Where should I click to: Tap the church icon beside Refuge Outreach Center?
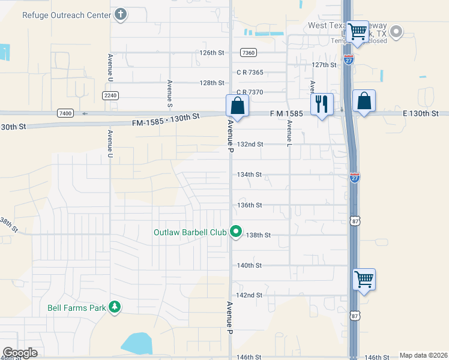click(121, 14)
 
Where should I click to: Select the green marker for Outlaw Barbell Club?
click(237, 231)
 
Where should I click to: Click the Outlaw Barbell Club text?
click(191, 232)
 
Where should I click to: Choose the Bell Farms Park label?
click(76, 308)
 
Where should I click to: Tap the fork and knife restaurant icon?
click(322, 104)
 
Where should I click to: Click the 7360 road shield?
click(248, 53)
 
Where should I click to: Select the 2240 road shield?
click(110, 95)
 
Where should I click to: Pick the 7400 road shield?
click(65, 113)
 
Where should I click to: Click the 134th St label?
click(250, 175)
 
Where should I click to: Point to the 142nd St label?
click(250, 295)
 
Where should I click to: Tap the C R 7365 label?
click(250, 72)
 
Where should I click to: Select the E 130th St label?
click(421, 113)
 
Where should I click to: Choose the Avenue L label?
click(289, 134)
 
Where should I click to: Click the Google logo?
click(20, 353)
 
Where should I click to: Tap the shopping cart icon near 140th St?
click(364, 279)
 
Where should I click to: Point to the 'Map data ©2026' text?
click(423, 355)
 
